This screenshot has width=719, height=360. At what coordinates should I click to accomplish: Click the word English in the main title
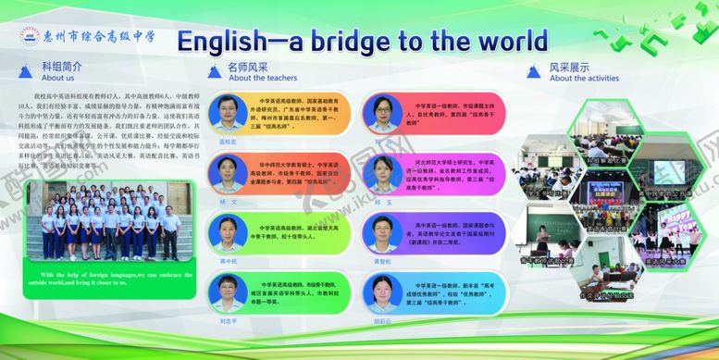231,41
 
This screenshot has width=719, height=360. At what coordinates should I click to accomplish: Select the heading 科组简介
62,67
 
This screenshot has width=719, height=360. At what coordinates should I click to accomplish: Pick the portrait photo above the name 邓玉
382,173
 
